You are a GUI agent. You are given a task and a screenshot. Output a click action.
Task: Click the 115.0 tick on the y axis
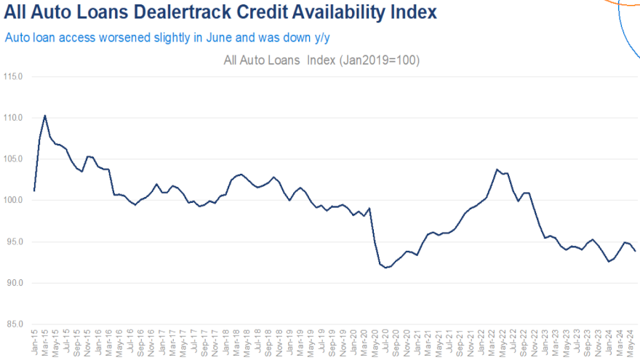[12, 76]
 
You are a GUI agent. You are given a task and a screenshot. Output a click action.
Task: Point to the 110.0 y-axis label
[12, 118]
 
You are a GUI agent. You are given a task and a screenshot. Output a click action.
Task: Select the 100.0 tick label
[12, 200]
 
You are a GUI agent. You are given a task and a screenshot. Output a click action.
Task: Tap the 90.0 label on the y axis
[14, 283]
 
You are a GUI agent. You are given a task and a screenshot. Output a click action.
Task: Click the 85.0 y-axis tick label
[14, 324]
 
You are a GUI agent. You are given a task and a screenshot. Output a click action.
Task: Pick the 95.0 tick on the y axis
[14, 241]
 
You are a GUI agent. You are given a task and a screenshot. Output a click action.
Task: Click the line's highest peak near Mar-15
[45, 115]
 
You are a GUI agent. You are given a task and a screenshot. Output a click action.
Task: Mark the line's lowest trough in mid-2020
[385, 268]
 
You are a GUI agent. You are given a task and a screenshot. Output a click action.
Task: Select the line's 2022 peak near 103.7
[497, 169]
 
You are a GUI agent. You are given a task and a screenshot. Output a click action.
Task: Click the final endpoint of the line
[636, 251]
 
